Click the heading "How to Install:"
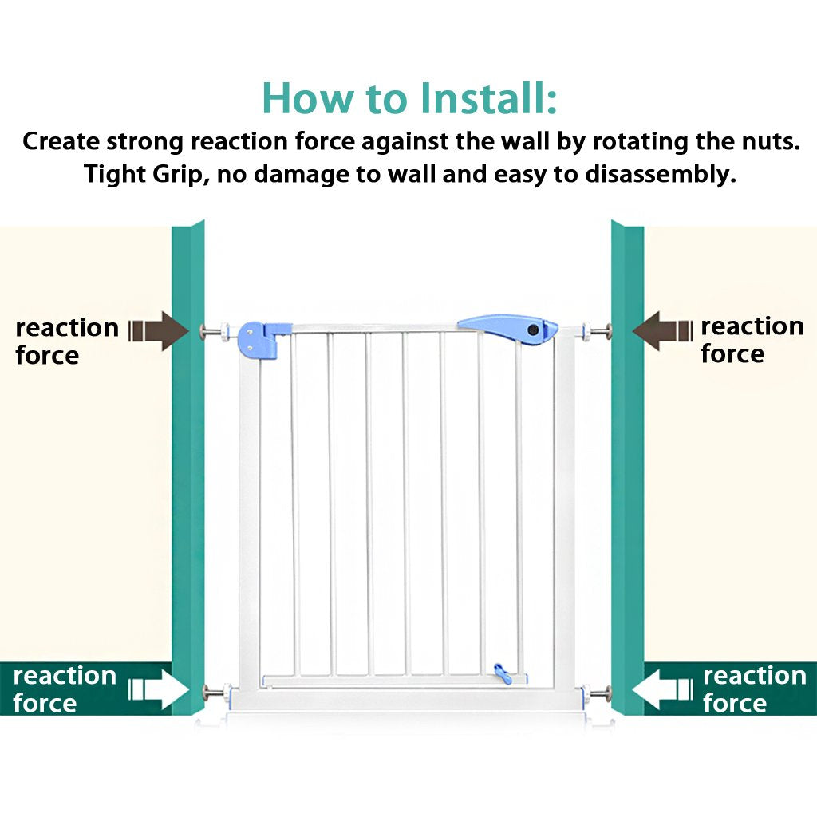(409, 98)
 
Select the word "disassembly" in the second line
(660, 174)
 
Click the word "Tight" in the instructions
(114, 174)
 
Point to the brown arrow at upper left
(159, 331)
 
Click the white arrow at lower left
(159, 689)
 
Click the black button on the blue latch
(533, 330)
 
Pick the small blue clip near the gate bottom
(502, 673)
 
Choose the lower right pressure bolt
(597, 693)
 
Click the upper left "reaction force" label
(67, 341)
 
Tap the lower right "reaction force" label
(755, 689)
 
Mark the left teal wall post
(188, 468)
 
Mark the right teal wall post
(628, 468)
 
